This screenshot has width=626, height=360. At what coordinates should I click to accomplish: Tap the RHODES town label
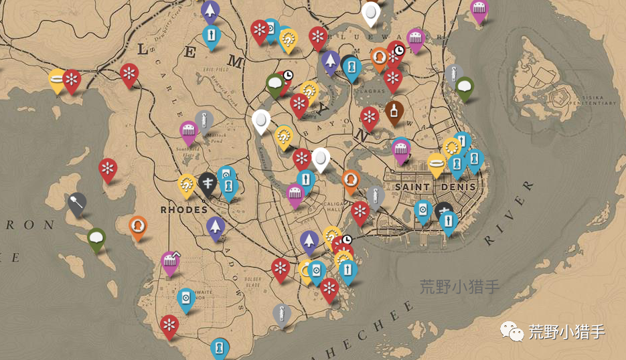coord(184,209)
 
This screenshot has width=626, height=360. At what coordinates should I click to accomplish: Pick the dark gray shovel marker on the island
coord(77,202)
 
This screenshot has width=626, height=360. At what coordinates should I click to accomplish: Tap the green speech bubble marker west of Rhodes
coord(96,238)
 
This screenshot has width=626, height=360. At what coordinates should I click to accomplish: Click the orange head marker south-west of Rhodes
coord(138,226)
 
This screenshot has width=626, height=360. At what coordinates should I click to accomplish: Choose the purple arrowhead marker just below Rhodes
coord(215,226)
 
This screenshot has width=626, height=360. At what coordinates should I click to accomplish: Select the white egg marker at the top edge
coord(370,11)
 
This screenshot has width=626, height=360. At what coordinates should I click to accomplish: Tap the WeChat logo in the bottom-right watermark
coord(511,330)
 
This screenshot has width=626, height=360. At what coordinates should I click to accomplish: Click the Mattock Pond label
coord(216,139)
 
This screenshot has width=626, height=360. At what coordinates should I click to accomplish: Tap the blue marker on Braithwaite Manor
coord(185,298)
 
